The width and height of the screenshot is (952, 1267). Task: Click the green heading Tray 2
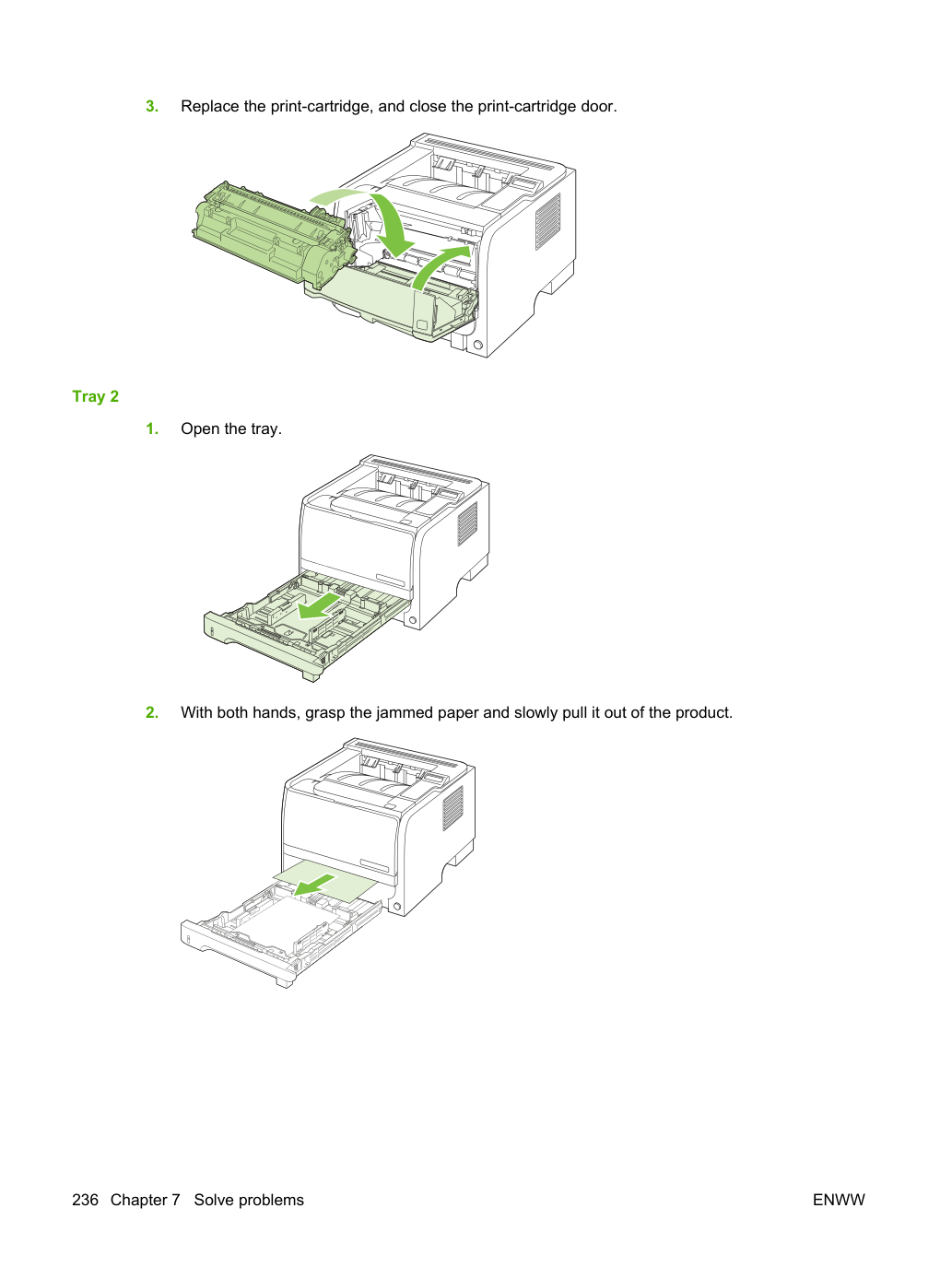pos(95,396)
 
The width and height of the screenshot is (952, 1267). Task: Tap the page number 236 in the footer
pos(85,1200)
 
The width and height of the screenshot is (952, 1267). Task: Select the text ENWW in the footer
pos(839,1200)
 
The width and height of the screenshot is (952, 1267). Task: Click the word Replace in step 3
pos(210,107)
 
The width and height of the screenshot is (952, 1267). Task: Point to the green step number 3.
pos(152,107)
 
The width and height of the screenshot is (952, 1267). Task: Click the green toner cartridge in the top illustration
pos(271,234)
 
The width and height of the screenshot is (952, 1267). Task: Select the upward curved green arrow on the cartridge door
pos(441,266)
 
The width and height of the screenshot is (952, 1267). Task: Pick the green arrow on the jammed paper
pos(314,885)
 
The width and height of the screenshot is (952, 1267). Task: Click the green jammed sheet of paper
pos(325,882)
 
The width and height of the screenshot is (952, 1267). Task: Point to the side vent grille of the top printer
pos(547,222)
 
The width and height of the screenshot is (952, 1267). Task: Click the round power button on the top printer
pos(478,346)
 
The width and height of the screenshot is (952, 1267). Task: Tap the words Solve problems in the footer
pos(249,1200)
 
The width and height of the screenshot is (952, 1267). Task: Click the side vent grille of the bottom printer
pos(453,808)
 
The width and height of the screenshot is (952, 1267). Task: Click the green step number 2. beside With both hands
pos(152,713)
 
